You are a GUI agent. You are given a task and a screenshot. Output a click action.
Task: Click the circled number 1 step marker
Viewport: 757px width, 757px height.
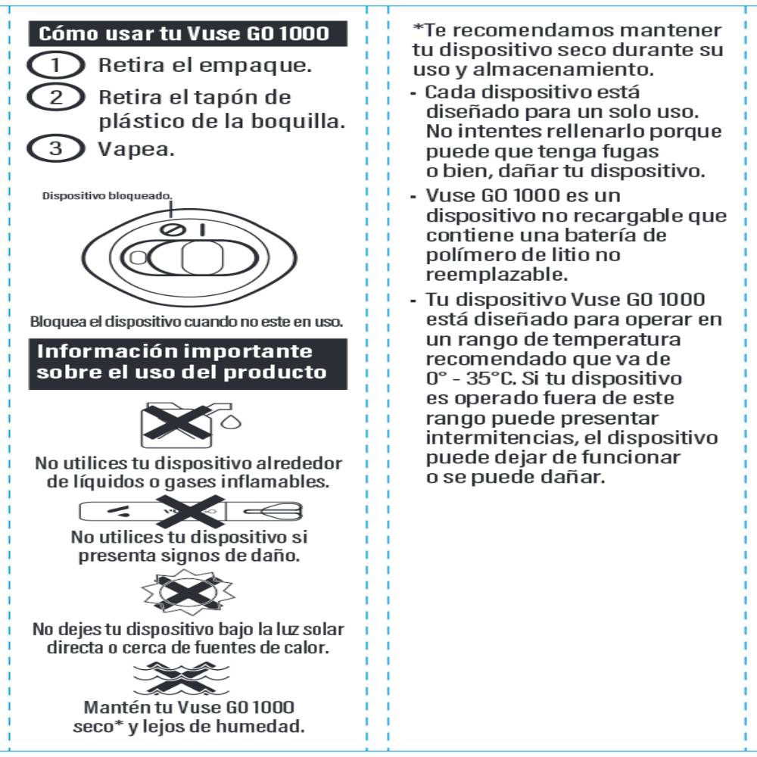coord(55,66)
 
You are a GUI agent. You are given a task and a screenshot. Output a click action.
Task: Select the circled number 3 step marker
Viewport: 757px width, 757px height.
coord(55,148)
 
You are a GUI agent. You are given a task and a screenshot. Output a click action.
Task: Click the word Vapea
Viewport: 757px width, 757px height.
coord(136,148)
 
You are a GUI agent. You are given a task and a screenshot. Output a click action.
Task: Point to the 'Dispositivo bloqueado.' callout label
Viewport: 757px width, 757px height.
coord(107,195)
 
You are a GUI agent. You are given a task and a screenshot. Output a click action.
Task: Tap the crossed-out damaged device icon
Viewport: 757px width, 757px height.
coord(191,512)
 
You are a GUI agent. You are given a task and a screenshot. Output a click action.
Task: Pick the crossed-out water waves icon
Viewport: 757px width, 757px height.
coord(187,676)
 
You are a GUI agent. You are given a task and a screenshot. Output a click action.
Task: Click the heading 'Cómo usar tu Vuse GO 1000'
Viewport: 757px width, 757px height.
coord(184,33)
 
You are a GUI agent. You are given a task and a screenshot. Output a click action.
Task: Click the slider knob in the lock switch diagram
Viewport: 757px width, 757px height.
coord(201,258)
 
